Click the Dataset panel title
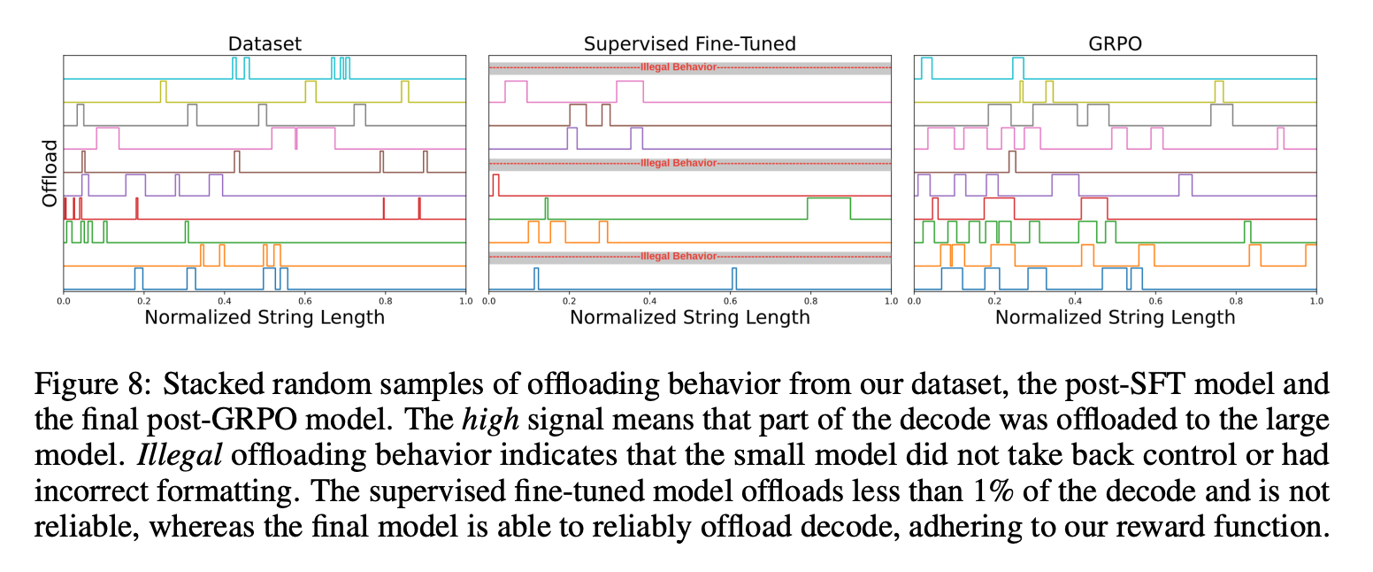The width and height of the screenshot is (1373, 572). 265,43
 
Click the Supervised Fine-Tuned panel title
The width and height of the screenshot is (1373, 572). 689,43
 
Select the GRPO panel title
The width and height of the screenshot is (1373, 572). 1115,43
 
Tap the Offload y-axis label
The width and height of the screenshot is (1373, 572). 50,173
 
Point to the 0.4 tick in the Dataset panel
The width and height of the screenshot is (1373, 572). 224,301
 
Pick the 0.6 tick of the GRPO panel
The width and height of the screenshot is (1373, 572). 1154,301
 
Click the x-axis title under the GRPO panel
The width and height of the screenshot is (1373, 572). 1115,317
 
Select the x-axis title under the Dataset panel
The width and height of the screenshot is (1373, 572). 265,317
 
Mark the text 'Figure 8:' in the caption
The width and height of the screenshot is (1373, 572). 85,385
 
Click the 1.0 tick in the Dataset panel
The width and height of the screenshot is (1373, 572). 465,301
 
